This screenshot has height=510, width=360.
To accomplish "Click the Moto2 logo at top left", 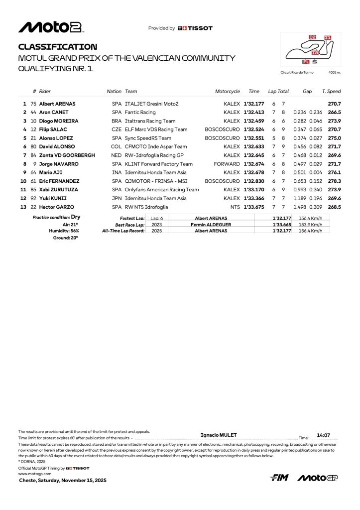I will click(50, 27).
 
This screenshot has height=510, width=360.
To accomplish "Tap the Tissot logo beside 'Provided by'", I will click(195, 28).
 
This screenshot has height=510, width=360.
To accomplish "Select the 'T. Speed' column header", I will click(331, 92).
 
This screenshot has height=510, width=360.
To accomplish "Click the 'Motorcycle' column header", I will click(228, 92).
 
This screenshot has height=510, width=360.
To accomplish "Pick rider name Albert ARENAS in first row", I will click(57, 104).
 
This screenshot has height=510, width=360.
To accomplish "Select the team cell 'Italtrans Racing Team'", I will click(150, 121).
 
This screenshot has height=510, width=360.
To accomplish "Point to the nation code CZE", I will click(117, 129).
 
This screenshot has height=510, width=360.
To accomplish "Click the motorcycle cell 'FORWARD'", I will click(227, 164).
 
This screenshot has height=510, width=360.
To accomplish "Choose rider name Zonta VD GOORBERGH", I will click(67, 155).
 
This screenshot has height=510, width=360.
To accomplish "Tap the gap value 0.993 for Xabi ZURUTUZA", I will click(299, 190).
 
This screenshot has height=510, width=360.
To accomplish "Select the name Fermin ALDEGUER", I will click(211, 225).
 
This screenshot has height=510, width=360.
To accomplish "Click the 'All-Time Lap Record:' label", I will click(123, 231).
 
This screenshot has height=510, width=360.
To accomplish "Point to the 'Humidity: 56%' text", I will click(64, 231).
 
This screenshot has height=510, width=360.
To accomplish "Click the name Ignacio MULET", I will click(219, 435).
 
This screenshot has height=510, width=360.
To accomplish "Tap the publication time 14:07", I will click(324, 435).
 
